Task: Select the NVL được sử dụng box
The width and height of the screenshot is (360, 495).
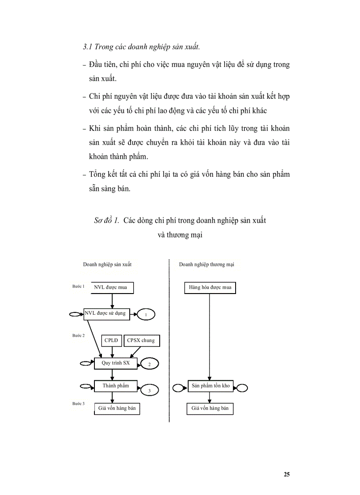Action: pyautogui.click(x=105, y=313)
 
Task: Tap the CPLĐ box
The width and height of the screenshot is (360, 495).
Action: pyautogui.click(x=111, y=340)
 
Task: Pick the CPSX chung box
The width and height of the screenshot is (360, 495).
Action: pyautogui.click(x=141, y=340)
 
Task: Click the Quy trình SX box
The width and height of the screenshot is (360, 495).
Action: pyautogui.click(x=116, y=363)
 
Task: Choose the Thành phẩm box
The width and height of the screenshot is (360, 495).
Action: pyautogui.click(x=116, y=386)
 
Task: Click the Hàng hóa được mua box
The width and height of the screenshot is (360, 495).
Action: pyautogui.click(x=210, y=288)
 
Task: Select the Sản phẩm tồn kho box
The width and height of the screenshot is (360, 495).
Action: pyautogui.click(x=211, y=386)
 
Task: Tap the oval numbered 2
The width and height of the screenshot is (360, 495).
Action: pyautogui.click(x=149, y=365)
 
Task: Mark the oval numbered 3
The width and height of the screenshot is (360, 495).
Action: pyautogui.click(x=149, y=390)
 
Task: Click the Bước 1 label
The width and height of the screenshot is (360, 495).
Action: pyautogui.click(x=78, y=286)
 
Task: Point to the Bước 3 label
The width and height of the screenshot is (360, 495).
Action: pyautogui.click(x=78, y=403)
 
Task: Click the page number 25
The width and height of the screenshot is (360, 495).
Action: pyautogui.click(x=287, y=474)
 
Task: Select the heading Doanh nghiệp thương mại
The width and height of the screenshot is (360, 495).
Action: pyautogui.click(x=206, y=264)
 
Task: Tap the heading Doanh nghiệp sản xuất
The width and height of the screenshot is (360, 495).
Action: pyautogui.click(x=107, y=264)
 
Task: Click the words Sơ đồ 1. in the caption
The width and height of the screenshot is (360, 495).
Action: pyautogui.click(x=106, y=220)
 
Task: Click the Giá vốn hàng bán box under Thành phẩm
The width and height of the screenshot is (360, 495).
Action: pyautogui.click(x=117, y=409)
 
